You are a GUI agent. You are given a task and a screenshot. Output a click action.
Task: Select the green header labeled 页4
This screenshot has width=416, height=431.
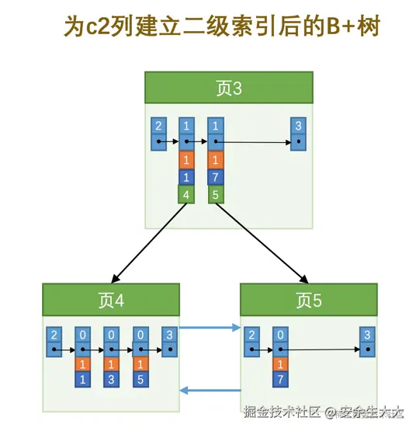point(111,299)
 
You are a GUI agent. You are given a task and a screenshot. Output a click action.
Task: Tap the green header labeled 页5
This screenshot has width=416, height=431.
point(308,299)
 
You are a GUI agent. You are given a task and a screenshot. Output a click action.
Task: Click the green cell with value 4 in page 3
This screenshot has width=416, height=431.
point(186,194)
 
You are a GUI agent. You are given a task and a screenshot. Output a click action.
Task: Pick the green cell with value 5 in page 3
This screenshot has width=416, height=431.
point(217,194)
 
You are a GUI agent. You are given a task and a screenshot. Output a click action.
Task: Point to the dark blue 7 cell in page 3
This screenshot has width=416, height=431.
point(217,177)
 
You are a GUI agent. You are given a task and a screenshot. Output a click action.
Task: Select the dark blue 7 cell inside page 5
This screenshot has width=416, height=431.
point(280,380)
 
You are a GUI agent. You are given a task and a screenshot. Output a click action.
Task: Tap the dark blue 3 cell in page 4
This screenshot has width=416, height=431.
point(111,380)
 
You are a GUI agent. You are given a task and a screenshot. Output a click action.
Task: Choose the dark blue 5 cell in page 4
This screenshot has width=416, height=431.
point(140,380)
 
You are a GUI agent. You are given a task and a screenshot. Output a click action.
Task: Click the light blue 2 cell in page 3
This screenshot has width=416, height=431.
point(159,126)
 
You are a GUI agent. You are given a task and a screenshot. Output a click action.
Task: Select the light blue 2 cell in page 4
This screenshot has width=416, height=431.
point(54,335)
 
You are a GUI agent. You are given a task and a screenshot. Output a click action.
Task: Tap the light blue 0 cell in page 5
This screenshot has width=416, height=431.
point(280,335)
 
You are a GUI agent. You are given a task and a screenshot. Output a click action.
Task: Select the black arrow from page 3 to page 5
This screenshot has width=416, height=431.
point(261,243)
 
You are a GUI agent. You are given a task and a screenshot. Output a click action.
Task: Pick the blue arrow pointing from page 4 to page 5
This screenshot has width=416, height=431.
point(210,328)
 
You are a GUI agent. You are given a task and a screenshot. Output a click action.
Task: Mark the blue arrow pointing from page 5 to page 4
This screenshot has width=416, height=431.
point(210,390)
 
